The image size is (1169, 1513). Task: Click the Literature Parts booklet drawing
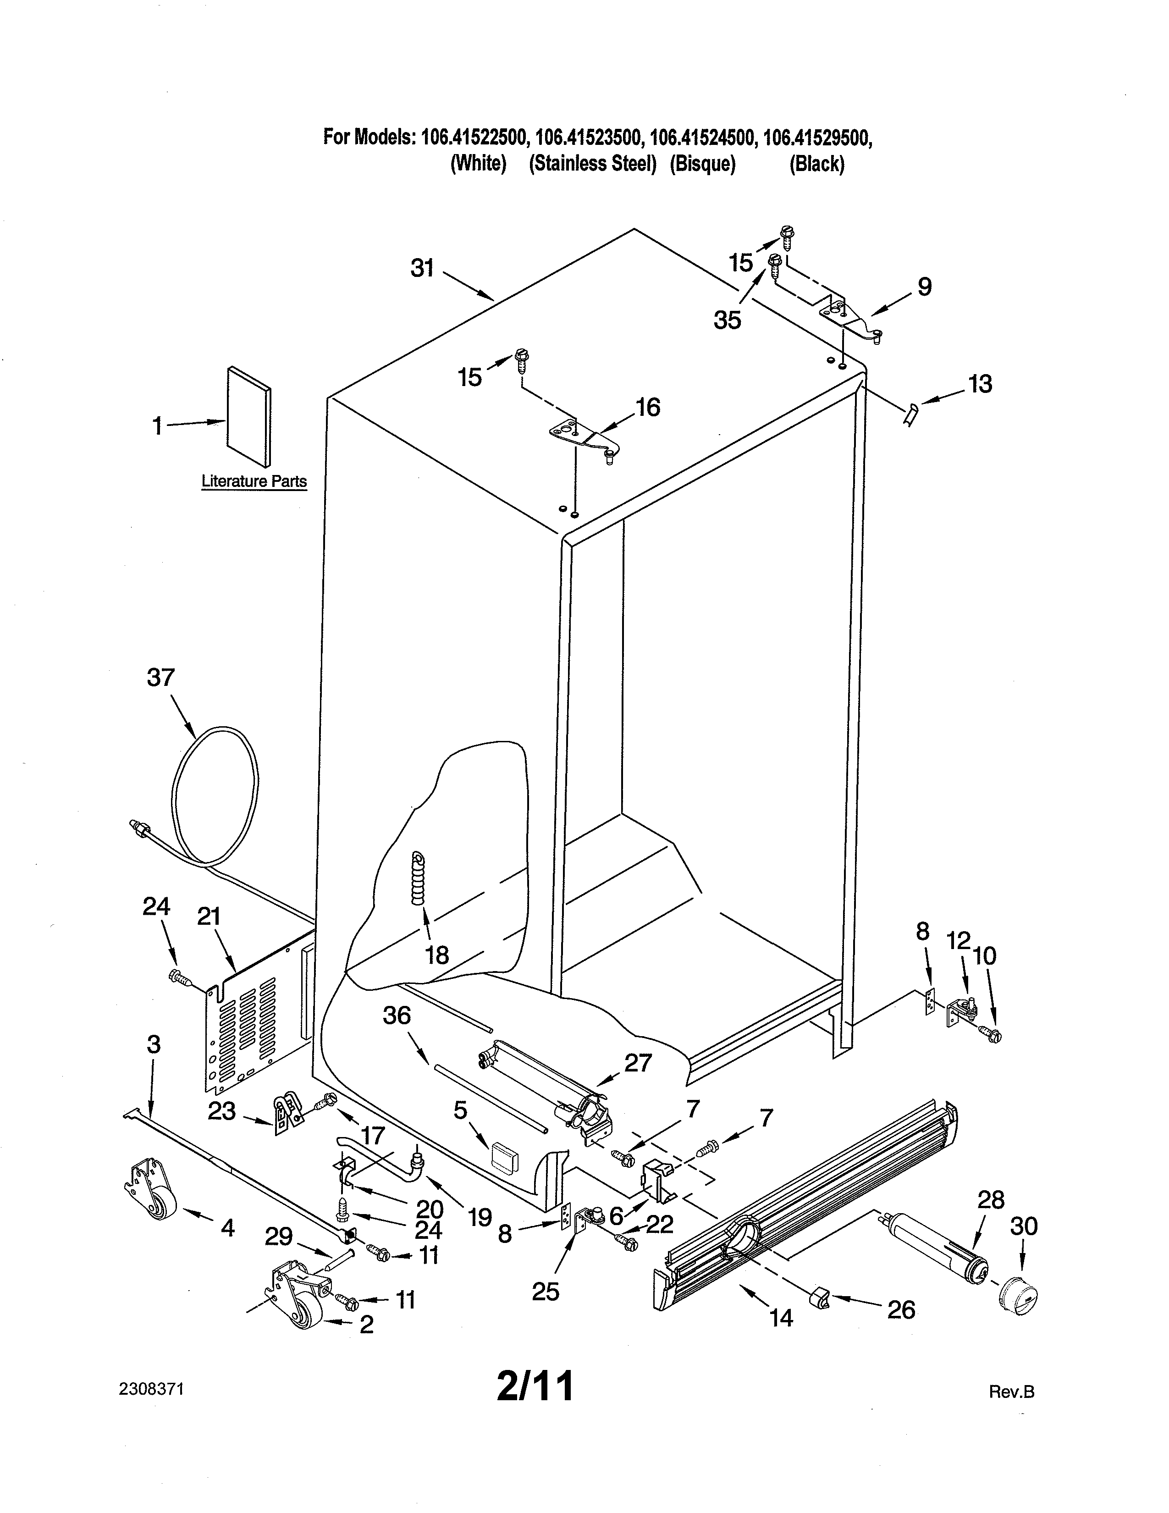click(x=248, y=416)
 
